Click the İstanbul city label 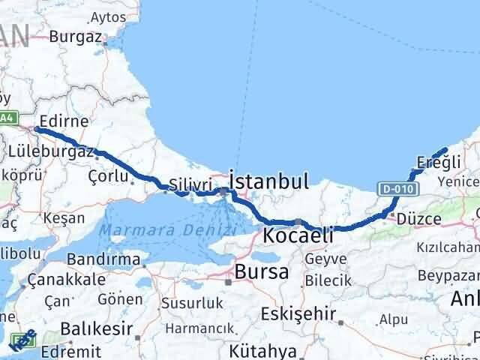pyautogui.click(x=269, y=181)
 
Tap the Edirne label pyautogui.click(x=64, y=121)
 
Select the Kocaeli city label pyautogui.click(x=298, y=235)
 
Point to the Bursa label pyautogui.click(x=261, y=271)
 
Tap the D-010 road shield pyautogui.click(x=393, y=190)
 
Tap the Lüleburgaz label pyautogui.click(x=51, y=152)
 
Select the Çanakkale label pyautogui.click(x=66, y=279)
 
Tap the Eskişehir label pyautogui.click(x=303, y=313)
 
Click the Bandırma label pyautogui.click(x=103, y=260)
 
